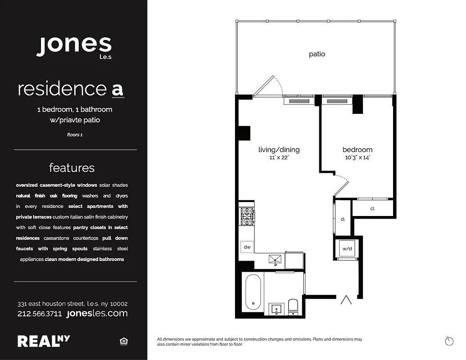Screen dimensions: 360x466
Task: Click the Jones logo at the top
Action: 74,45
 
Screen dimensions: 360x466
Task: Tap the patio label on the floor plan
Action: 317,54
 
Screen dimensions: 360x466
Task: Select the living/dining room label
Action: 279,150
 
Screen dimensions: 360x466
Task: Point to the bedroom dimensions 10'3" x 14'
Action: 357,158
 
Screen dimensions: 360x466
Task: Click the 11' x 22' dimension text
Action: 279,158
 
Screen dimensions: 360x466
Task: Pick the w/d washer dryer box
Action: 347,248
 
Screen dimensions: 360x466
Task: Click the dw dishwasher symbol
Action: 247,247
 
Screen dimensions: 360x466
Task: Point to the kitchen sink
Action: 275,259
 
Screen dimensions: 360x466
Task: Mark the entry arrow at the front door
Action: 346,300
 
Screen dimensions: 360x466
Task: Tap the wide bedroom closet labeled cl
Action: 372,208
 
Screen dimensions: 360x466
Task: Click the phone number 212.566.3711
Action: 40,314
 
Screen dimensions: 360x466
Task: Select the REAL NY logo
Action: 44,341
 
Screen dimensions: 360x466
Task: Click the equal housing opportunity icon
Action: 123,342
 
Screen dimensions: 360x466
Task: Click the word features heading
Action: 72,168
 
